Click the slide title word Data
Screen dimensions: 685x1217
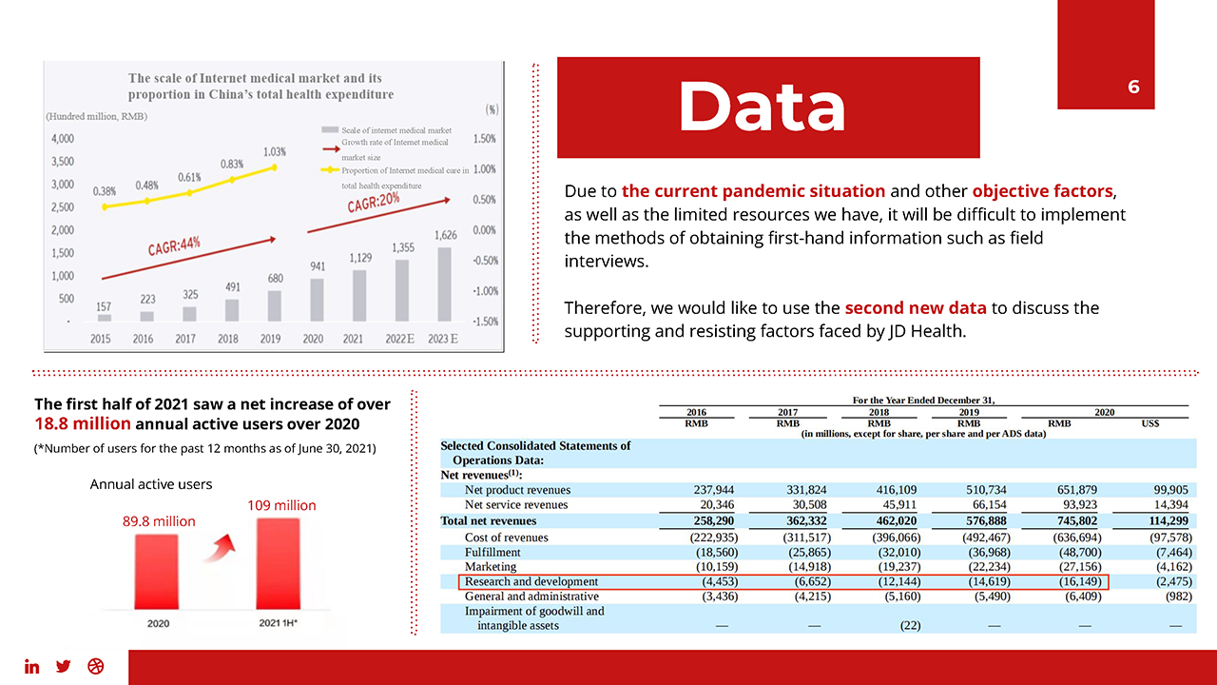[x=762, y=107]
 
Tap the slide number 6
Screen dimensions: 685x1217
[x=1133, y=88]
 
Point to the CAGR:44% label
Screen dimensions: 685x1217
[x=174, y=246]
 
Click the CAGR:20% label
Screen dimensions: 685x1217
[x=373, y=203]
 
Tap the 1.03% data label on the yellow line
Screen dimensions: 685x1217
[x=275, y=151]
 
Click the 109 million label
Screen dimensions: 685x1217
[x=281, y=505]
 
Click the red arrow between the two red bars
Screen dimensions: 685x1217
[x=221, y=548]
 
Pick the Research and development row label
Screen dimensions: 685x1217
[x=531, y=581]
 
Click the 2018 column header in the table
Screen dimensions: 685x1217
[x=879, y=412]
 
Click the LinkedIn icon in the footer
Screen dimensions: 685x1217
[x=32, y=666]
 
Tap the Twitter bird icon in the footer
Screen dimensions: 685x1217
[x=64, y=666]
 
